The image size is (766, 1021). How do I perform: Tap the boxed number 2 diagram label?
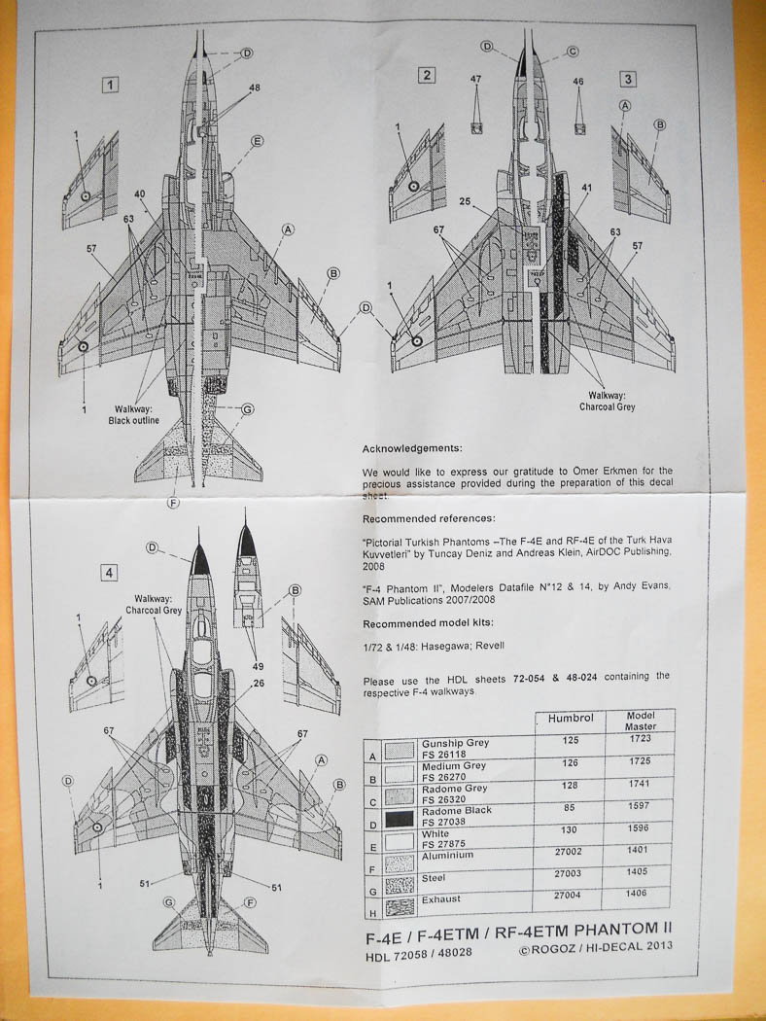tap(425, 76)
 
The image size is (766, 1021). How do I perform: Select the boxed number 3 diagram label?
tap(630, 78)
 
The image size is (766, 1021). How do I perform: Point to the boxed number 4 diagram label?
tap(111, 573)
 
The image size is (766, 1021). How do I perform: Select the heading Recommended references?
tap(428, 518)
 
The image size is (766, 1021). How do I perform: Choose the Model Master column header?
tap(640, 720)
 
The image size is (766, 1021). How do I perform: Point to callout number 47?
tap(476, 82)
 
